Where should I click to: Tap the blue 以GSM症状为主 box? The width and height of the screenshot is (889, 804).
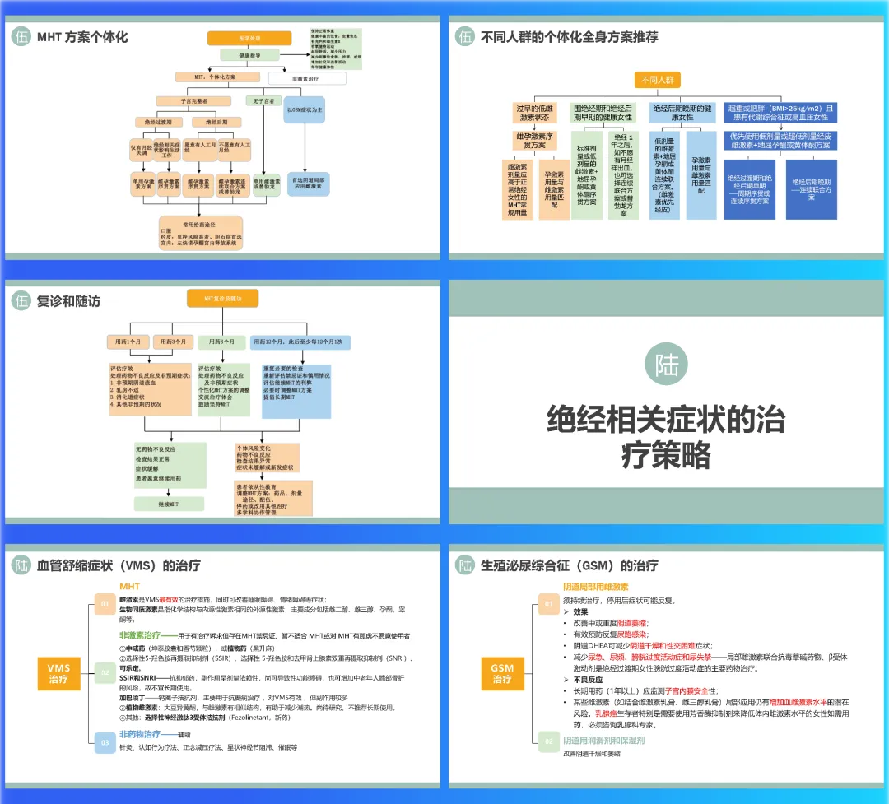point(304,109)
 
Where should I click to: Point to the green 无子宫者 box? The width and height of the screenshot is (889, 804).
point(262,100)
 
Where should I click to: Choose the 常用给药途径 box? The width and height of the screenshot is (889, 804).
point(201,233)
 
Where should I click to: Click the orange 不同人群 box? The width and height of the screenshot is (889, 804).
point(658,80)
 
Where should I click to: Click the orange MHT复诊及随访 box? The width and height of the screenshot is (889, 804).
point(222,299)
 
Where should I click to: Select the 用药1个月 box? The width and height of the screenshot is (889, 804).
point(128,342)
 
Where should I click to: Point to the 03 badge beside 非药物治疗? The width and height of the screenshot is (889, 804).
point(105,744)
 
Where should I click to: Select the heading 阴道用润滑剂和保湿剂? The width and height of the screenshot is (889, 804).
point(603,741)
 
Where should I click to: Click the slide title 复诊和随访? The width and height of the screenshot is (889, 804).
point(68,302)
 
